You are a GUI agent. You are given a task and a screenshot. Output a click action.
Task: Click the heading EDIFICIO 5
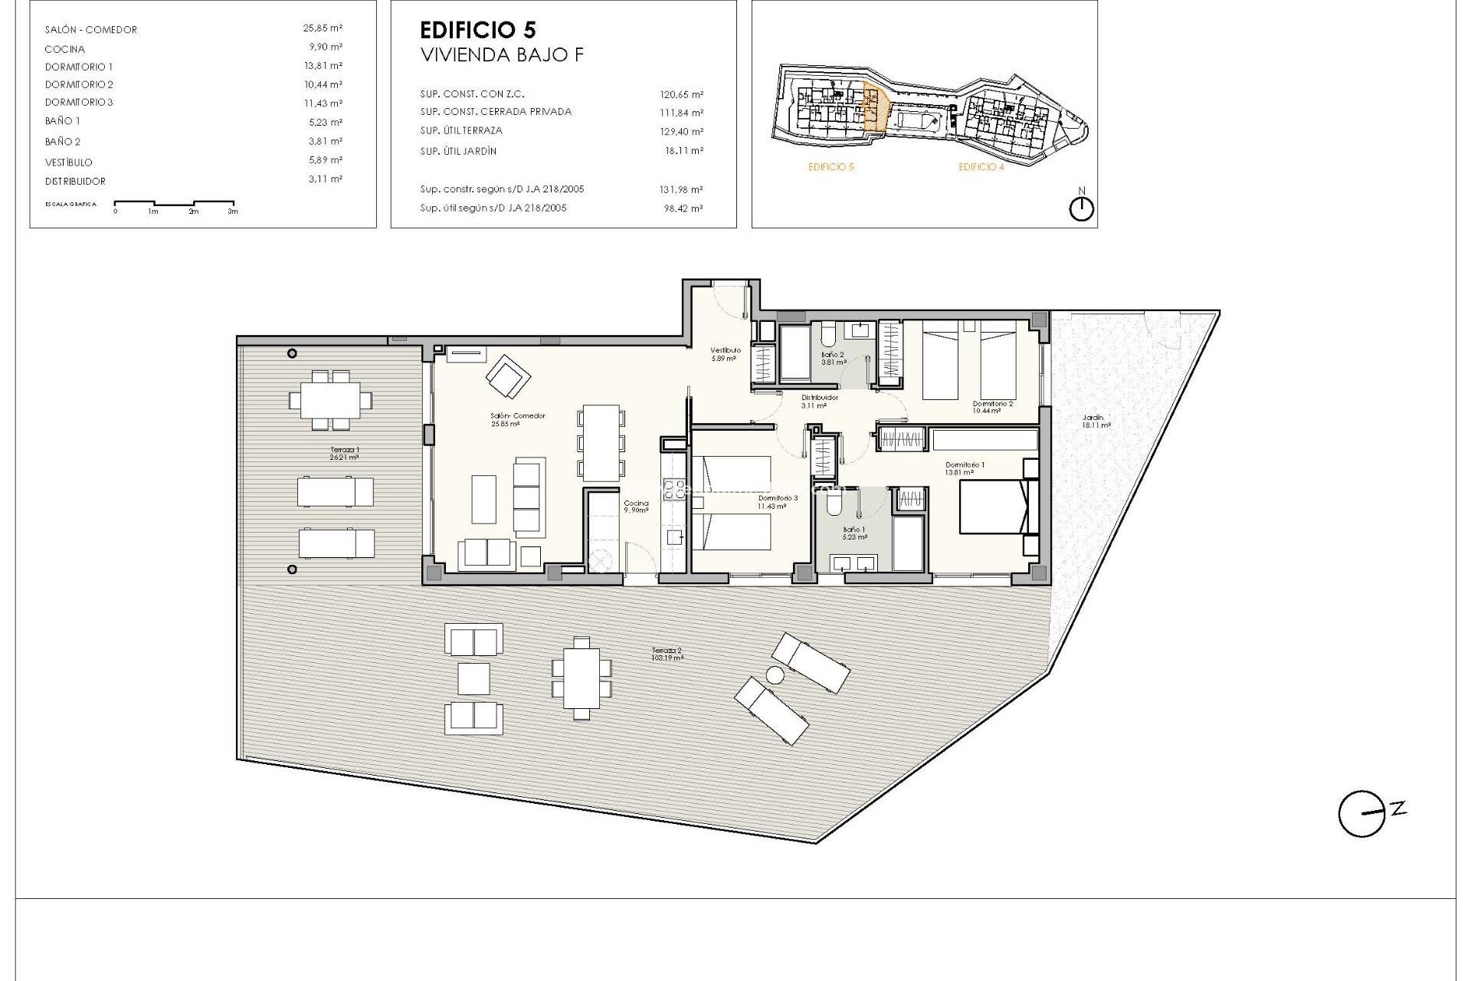(x=478, y=30)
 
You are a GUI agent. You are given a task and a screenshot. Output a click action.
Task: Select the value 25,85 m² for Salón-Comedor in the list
(x=323, y=28)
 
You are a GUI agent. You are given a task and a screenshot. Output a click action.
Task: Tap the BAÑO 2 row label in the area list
(x=63, y=142)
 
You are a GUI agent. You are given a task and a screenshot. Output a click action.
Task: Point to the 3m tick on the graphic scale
(x=233, y=210)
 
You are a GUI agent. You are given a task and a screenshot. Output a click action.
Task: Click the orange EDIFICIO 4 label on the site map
(x=981, y=166)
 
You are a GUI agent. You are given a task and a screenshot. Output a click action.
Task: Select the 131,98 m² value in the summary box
(x=681, y=189)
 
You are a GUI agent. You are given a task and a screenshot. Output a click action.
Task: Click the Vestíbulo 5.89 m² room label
(x=725, y=354)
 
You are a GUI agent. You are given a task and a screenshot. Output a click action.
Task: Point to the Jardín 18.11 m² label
(x=1095, y=422)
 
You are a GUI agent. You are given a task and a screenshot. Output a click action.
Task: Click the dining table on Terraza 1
(x=330, y=399)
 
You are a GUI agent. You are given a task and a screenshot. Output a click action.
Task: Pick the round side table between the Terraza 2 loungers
(x=775, y=675)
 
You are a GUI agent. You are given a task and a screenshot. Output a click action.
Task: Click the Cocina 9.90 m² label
(x=636, y=507)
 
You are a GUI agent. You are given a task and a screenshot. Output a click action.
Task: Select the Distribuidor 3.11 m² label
(x=819, y=402)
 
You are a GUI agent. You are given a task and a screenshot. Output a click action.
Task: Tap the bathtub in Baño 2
(x=794, y=353)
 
